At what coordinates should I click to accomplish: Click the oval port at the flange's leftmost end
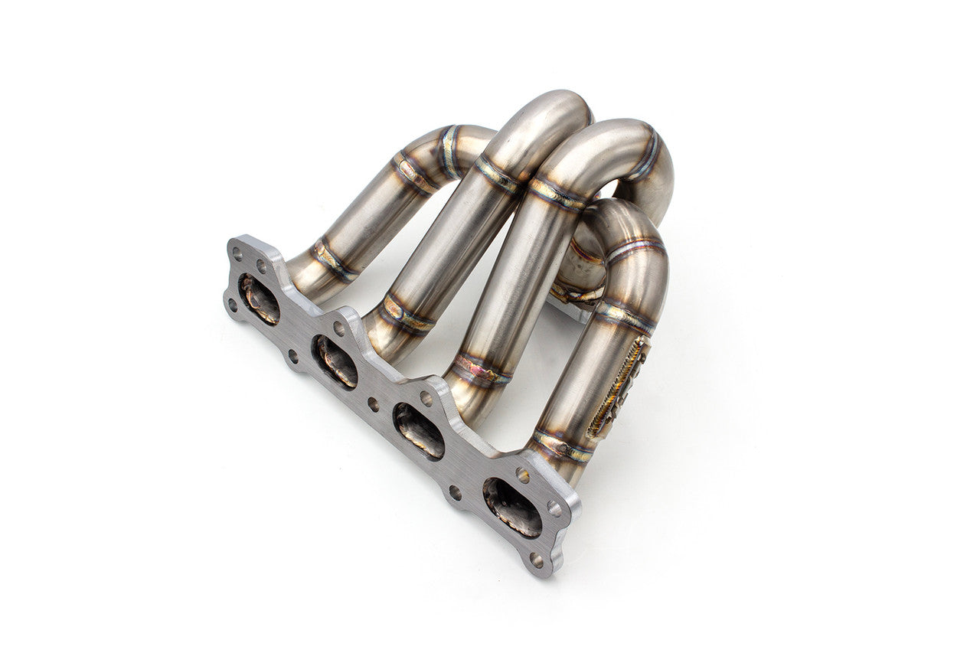coord(259,299)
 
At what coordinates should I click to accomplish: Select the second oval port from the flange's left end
coord(335,361)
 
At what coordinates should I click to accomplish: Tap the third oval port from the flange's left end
coord(418,431)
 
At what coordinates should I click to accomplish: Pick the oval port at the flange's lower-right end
coord(512,507)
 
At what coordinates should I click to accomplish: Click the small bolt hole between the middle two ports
coord(373,403)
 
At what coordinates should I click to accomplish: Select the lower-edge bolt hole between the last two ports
coord(456,494)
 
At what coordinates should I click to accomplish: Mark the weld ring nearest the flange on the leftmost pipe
coord(334,259)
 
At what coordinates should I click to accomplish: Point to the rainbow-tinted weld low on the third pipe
coord(480,371)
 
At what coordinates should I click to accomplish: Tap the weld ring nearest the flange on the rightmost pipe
coord(563,446)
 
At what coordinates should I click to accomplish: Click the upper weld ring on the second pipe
coord(498,175)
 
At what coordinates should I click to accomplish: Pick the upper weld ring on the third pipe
coord(557,194)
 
